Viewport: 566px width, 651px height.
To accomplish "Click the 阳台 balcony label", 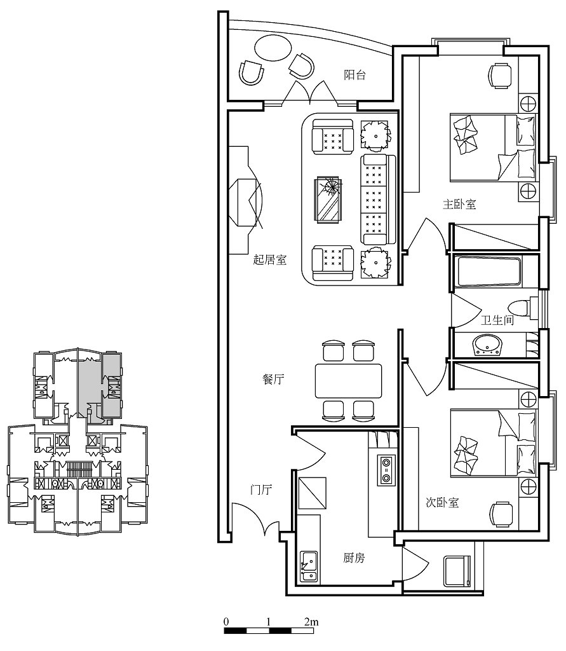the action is (x=355, y=75).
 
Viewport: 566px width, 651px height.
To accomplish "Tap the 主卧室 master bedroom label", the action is (x=459, y=204).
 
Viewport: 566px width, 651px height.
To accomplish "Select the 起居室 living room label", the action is (x=270, y=260).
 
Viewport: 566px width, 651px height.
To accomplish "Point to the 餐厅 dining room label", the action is (x=273, y=379).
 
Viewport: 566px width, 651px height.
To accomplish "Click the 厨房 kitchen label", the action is (x=354, y=558).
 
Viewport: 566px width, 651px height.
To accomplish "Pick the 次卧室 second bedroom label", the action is (x=442, y=502).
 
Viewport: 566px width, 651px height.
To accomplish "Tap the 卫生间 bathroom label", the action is (x=497, y=320).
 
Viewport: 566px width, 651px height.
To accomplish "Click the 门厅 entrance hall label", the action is (x=260, y=490).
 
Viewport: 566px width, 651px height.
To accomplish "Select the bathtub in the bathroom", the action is (x=489, y=272).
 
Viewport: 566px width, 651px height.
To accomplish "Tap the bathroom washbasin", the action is (x=487, y=345).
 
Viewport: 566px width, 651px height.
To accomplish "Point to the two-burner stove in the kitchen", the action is (x=386, y=470).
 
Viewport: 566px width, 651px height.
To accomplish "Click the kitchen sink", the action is (x=309, y=566).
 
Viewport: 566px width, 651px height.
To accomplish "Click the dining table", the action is (x=349, y=381).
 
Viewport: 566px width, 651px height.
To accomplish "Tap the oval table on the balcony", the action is (x=273, y=48).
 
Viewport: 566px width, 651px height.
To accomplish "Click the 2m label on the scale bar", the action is (x=311, y=622).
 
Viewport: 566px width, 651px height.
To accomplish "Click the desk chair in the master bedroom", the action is (x=501, y=76).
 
